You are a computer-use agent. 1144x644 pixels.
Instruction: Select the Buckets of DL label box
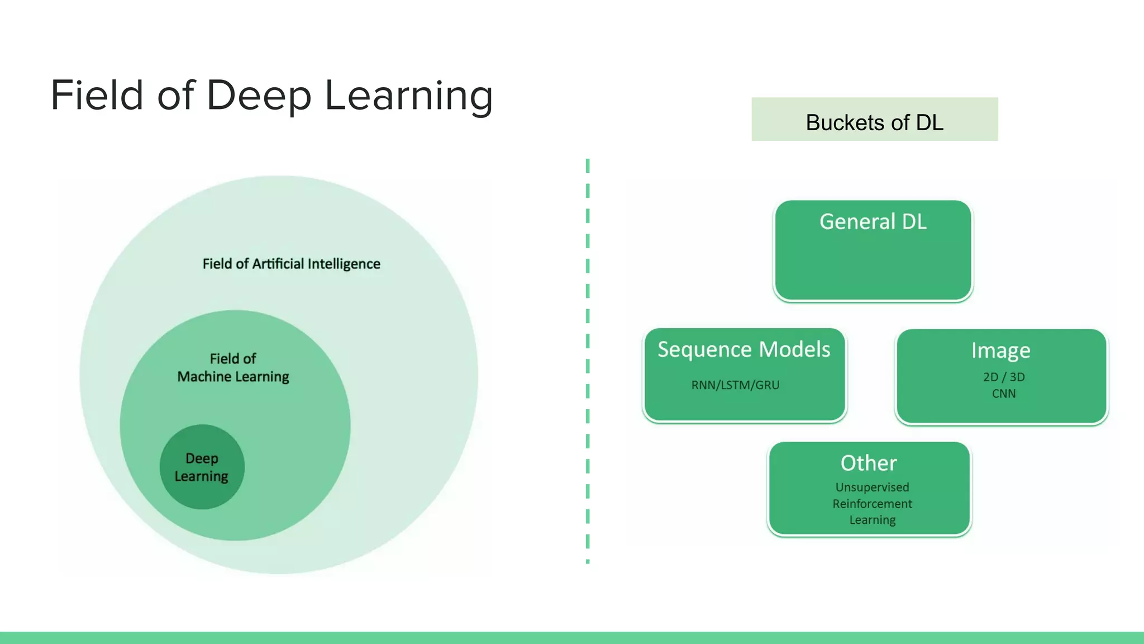coord(874,120)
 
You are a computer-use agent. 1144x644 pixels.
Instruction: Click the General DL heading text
coord(873,222)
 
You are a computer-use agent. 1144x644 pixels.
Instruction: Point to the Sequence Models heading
coord(743,349)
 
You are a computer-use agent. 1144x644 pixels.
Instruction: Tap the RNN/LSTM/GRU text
coord(735,385)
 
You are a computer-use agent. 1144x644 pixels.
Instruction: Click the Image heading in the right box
coord(1000,351)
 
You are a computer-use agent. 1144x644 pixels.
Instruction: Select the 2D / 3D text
coord(1004,377)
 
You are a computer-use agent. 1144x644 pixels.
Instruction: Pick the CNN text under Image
coord(1004,394)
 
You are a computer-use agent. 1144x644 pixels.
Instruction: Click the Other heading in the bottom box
coord(869,463)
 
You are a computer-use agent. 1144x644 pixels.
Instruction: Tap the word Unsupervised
coord(872,487)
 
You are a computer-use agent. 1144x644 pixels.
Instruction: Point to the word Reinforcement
coord(872,504)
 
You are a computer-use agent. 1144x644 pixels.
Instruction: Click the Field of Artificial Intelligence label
coord(291,264)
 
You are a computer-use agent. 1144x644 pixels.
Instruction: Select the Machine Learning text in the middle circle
coord(233,377)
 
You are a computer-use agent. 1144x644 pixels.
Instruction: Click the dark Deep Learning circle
coord(202,467)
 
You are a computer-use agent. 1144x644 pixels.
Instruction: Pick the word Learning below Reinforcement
coord(872,520)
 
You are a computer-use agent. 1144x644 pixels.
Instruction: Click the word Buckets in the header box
coord(846,122)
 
